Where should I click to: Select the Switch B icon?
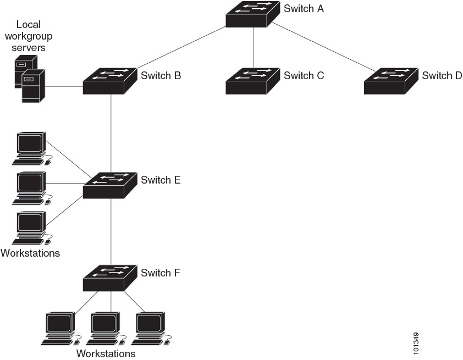point(110,80)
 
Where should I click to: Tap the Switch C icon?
point(253,80)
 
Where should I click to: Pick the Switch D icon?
point(391,80)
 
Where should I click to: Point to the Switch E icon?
point(110,185)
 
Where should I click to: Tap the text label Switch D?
point(442,75)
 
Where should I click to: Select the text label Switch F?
point(161,273)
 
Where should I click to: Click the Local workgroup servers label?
point(29,36)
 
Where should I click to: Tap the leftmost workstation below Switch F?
point(59,328)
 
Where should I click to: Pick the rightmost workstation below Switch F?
point(151,328)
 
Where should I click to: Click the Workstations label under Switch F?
point(106,353)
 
